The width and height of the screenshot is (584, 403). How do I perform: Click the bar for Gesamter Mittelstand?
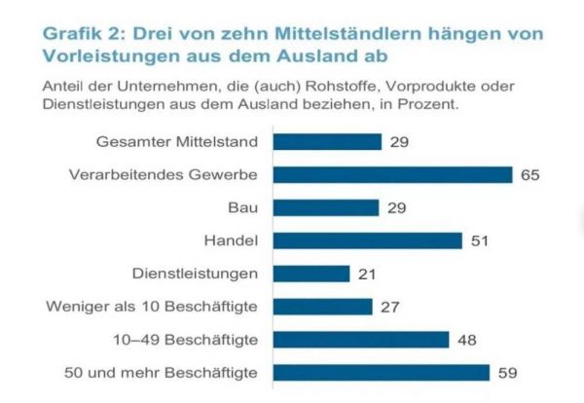(x=327, y=142)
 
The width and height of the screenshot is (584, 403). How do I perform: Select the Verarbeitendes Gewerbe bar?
(x=392, y=175)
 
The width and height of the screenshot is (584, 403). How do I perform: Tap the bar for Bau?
(x=326, y=207)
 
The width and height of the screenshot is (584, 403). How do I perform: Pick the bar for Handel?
(x=367, y=240)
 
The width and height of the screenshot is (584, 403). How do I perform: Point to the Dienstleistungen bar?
(x=311, y=274)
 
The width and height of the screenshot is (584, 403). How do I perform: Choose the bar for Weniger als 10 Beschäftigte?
(x=323, y=307)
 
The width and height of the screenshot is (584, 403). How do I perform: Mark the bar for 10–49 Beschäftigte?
(x=361, y=340)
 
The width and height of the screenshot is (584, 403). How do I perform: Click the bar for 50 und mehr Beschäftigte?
(x=382, y=373)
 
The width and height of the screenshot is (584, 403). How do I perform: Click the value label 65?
(x=529, y=175)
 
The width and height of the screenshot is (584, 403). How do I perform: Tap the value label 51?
(x=479, y=240)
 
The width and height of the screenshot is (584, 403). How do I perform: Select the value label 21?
(x=367, y=274)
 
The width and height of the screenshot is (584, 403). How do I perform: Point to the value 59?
(x=507, y=373)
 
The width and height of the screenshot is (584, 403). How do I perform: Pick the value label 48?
(x=466, y=340)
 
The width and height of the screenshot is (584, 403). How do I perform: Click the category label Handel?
(x=232, y=240)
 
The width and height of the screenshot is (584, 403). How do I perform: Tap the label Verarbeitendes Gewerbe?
(x=164, y=175)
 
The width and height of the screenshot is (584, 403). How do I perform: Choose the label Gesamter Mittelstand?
(x=178, y=142)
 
